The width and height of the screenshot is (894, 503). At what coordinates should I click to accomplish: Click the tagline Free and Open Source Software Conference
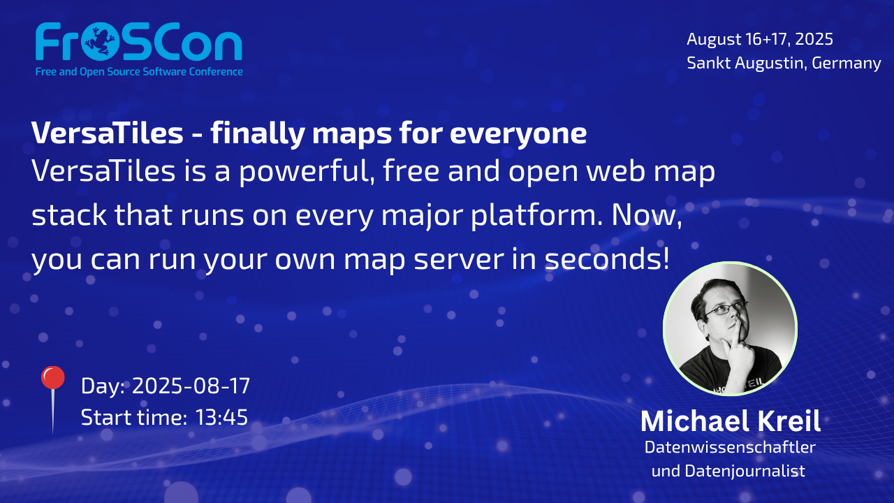(139, 72)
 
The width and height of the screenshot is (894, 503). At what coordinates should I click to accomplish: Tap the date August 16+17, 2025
(760, 39)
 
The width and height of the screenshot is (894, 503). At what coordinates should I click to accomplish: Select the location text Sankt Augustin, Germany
(784, 63)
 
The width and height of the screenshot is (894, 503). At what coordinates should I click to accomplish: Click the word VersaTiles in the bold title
(107, 133)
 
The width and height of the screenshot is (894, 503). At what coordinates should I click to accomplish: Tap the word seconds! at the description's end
(607, 258)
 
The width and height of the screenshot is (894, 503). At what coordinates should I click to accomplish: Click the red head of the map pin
(52, 377)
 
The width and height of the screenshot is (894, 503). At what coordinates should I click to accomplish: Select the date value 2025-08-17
(191, 386)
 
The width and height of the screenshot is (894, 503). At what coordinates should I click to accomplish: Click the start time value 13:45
(221, 418)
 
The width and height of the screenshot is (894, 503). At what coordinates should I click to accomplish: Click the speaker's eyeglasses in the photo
(724, 308)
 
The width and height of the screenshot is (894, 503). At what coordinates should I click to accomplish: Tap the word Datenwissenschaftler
(730, 447)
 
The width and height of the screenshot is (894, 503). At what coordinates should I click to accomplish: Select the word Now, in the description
(647, 216)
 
